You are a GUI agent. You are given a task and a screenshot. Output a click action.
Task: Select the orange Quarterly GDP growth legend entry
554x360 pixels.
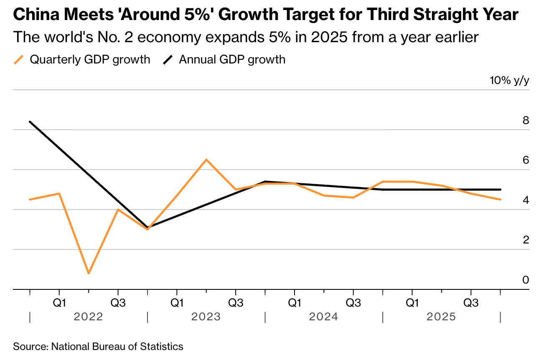[x=82, y=60]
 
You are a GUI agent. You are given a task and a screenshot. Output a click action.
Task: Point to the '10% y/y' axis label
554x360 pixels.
[x=509, y=81]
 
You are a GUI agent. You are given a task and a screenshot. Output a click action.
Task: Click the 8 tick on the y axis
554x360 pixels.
[x=526, y=121]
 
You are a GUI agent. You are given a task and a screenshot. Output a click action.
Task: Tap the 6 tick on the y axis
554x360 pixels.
[x=526, y=160]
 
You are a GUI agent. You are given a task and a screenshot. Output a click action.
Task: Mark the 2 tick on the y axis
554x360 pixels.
[x=526, y=240]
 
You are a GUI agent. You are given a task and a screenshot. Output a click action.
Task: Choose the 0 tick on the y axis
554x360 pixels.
[x=526, y=280]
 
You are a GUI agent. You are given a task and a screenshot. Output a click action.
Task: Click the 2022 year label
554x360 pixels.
[x=88, y=317]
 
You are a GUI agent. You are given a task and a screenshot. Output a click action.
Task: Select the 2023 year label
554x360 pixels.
[x=206, y=317]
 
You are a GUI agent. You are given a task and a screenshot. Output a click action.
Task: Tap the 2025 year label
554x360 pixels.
[x=441, y=317]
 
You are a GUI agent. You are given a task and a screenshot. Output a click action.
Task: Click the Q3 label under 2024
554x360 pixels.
[x=353, y=302]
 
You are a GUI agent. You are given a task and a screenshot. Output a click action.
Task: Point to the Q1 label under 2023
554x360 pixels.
[x=177, y=302]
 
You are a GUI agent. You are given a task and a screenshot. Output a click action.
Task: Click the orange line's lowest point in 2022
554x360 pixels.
[x=89, y=274]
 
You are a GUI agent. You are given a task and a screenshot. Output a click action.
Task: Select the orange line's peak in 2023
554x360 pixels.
[x=206, y=160]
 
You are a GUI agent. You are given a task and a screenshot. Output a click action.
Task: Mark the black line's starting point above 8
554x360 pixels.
[x=30, y=122]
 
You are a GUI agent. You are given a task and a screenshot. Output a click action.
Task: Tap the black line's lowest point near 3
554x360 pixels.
[x=147, y=228]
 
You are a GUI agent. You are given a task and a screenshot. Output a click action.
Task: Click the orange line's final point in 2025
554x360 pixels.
[x=501, y=200]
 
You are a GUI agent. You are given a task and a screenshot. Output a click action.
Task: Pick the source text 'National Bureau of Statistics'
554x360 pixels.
[x=117, y=346]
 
